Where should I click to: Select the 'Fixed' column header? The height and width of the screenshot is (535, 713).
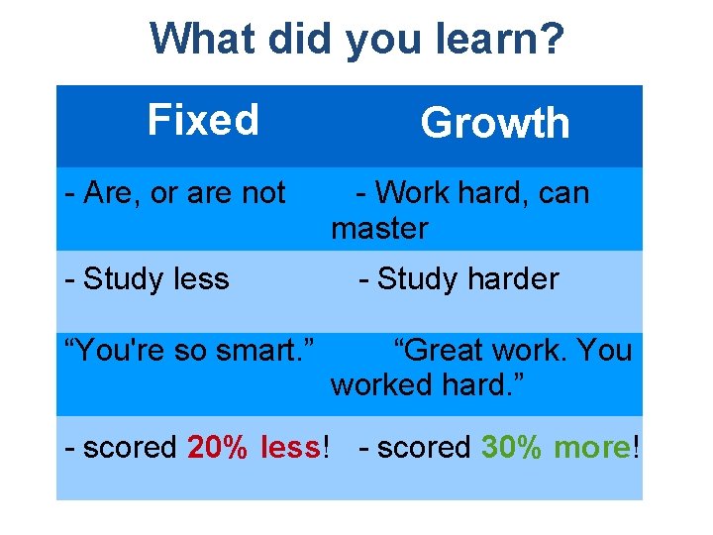(x=203, y=120)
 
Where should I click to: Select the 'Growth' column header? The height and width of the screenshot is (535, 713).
(x=495, y=124)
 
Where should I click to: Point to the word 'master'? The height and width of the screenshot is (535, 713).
(x=379, y=229)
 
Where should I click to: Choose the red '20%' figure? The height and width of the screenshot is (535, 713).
(x=219, y=448)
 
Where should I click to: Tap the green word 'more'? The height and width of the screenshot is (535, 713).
(x=591, y=448)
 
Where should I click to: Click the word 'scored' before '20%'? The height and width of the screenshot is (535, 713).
(x=130, y=448)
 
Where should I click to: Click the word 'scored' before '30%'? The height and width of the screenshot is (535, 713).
(x=424, y=448)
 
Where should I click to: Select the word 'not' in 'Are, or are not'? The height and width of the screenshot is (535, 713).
(x=263, y=192)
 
